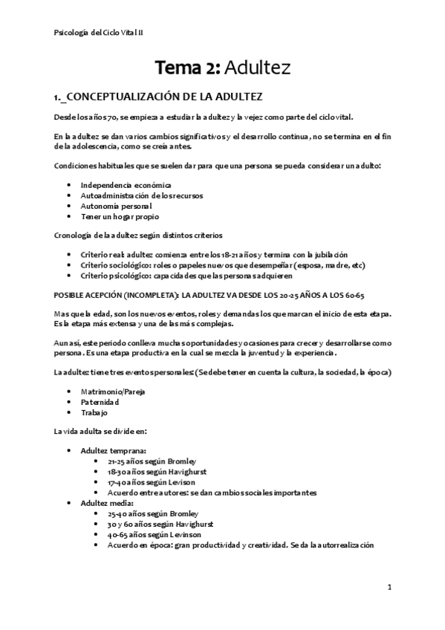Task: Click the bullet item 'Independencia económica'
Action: click(126, 184)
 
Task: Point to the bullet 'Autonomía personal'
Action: click(117, 206)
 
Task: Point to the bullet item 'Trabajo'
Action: click(95, 412)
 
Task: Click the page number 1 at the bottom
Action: click(389, 587)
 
